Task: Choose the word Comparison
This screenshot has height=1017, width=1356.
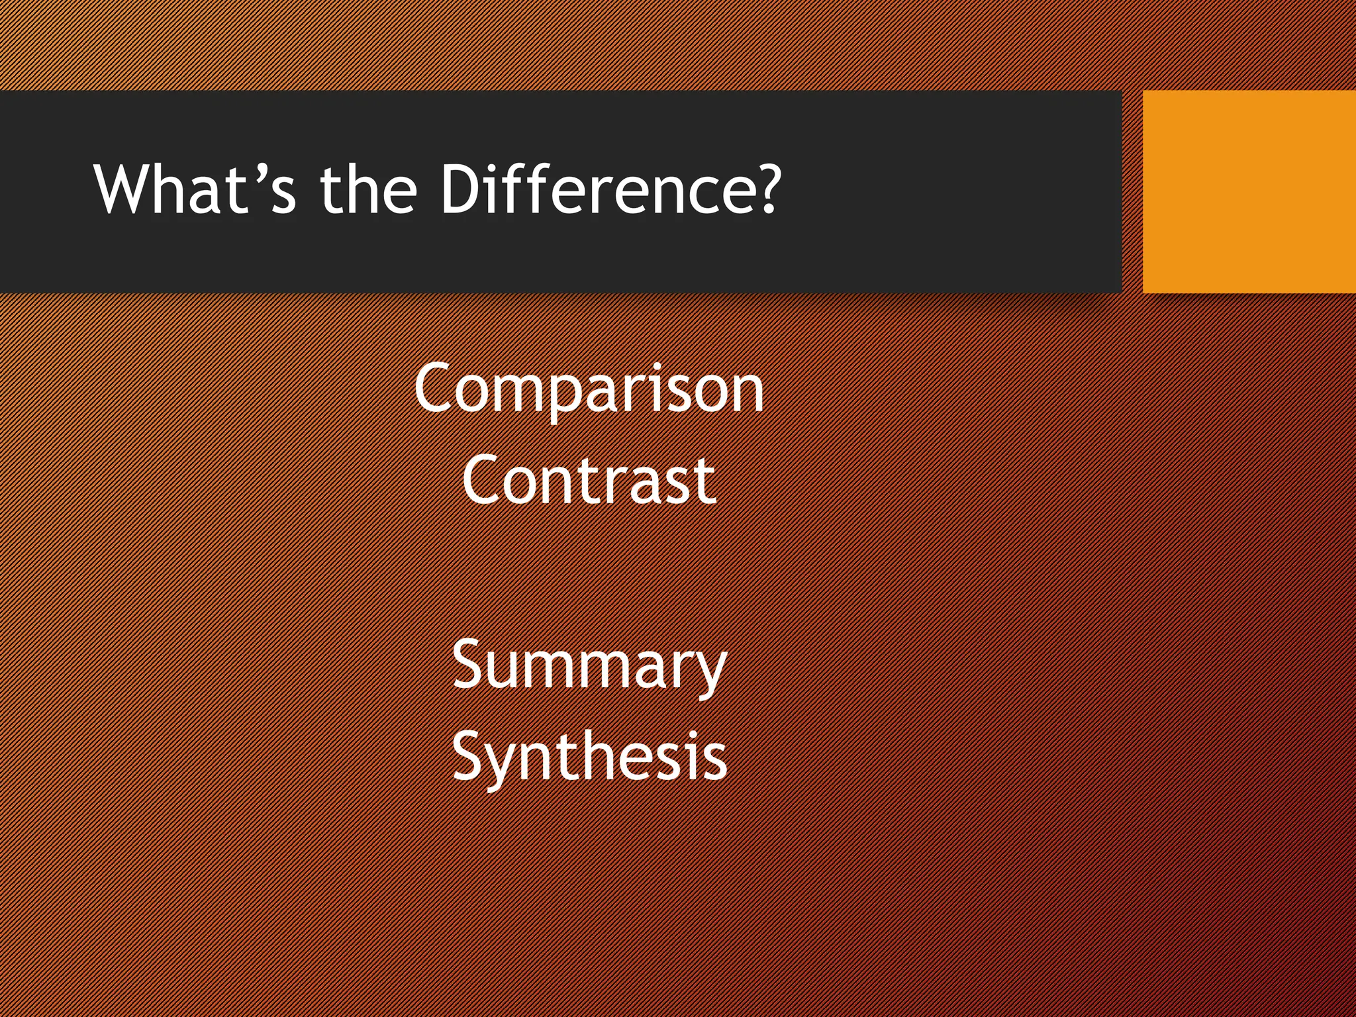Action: pyautogui.click(x=589, y=389)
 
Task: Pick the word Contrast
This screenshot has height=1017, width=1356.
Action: pyautogui.click(x=589, y=480)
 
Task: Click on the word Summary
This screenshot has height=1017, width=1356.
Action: pyautogui.click(x=589, y=665)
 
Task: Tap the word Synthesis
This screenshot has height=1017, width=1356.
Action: pyautogui.click(x=589, y=756)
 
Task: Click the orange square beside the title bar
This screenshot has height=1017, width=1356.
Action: pyautogui.click(x=1249, y=191)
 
